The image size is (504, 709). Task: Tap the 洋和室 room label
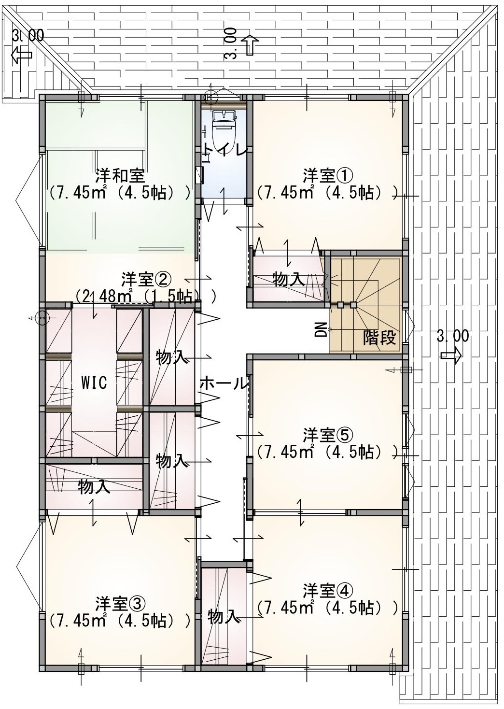(120, 176)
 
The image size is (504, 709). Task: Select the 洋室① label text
(327, 176)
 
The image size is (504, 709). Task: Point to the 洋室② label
(146, 279)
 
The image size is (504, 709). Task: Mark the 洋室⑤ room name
(327, 436)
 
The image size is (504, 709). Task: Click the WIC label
(94, 383)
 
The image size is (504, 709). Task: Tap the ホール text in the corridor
(224, 383)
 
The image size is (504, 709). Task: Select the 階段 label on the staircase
(379, 338)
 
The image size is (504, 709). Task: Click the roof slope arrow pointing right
(451, 355)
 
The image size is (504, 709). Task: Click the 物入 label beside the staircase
(289, 280)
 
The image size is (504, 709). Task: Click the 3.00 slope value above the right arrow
(453, 336)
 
